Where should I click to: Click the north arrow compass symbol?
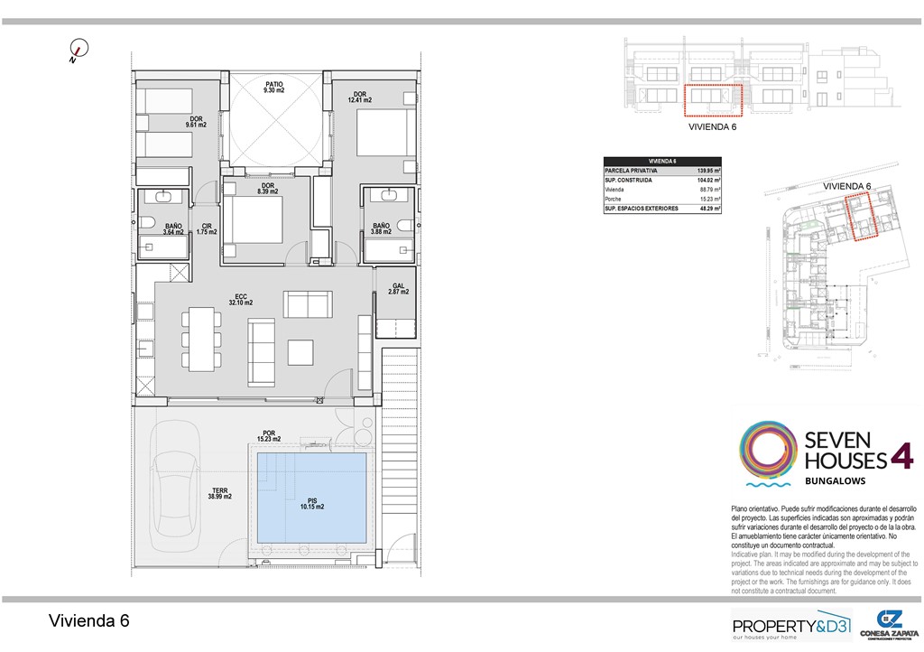[79, 51]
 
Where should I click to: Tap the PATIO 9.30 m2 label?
[274, 88]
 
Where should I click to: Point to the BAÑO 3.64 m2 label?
[173, 228]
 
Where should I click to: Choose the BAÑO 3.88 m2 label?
[382, 228]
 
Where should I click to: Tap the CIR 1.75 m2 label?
[207, 228]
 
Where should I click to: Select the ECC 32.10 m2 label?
[242, 300]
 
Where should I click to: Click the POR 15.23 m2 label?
[268, 436]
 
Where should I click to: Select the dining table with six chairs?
[199, 338]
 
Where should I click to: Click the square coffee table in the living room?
[300, 352]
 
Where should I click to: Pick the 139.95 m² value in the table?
[707, 170]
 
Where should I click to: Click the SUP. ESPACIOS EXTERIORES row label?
[641, 209]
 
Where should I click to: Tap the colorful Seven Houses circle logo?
[768, 448]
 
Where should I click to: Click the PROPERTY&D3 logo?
[790, 625]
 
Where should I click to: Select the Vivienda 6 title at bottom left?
[88, 621]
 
